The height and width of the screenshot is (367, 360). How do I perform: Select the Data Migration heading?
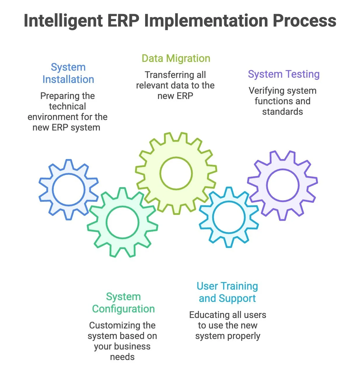pos(176,58)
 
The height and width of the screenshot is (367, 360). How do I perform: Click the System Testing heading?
pos(284,74)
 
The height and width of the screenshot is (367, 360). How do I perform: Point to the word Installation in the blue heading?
pos(68,79)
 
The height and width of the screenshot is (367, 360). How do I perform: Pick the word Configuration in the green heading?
pos(123,309)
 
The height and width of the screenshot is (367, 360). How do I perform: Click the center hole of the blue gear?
pos(69,189)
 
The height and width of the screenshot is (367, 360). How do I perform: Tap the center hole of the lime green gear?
pos(176,173)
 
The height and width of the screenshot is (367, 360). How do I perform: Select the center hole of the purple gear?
pos(283,185)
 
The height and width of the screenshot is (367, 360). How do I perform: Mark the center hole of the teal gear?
pos(229,218)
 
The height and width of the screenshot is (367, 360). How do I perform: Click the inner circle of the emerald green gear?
pos(122,222)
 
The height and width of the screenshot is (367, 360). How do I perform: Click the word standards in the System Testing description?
pos(282,112)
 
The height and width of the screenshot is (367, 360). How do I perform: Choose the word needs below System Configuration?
pos(122,357)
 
